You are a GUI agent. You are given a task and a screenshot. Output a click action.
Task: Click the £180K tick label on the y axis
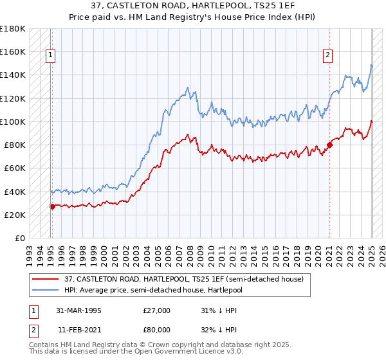(x=13, y=28)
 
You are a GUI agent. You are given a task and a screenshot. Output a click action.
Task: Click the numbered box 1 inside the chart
(x=51, y=55)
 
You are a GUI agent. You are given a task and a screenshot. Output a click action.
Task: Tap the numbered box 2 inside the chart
(x=328, y=55)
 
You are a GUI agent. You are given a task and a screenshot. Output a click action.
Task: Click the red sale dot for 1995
(x=52, y=206)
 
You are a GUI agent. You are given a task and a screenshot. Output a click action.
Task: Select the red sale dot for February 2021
(x=329, y=145)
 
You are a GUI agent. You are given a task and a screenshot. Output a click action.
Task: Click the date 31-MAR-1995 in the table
(x=80, y=310)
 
